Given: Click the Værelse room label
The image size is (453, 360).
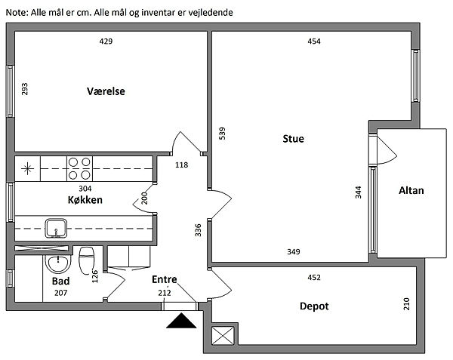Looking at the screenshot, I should pos(106,91).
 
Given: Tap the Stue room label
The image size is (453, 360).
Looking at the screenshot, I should pos(294,139).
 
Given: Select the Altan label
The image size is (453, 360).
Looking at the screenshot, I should pos(411,191).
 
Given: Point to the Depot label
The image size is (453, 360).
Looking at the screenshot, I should pos(313,306).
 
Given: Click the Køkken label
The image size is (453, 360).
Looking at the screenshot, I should pos(83,201).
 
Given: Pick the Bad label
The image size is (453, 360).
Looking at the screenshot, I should pos(60,281).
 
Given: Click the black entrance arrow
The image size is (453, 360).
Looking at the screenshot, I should pos(180,322).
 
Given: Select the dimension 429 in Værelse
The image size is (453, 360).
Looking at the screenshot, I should pos(106,42).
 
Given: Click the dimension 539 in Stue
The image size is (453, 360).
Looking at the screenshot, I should pos(222,134).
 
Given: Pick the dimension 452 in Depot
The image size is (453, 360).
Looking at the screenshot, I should pos(314,278).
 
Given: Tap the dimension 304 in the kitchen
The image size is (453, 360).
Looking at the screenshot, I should pos(85,189).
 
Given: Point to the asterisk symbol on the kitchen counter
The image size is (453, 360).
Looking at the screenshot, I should pos(28,168).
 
